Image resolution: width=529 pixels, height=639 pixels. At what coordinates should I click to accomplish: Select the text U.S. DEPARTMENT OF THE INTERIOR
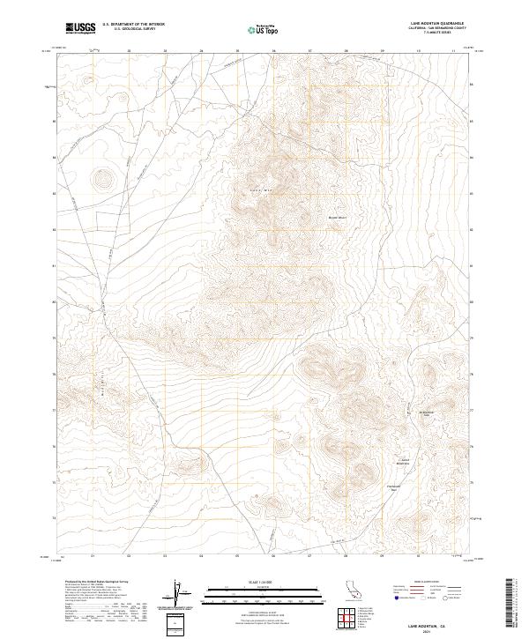click(x=133, y=25)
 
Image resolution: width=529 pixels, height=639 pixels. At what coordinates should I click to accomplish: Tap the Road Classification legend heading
click(x=429, y=583)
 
